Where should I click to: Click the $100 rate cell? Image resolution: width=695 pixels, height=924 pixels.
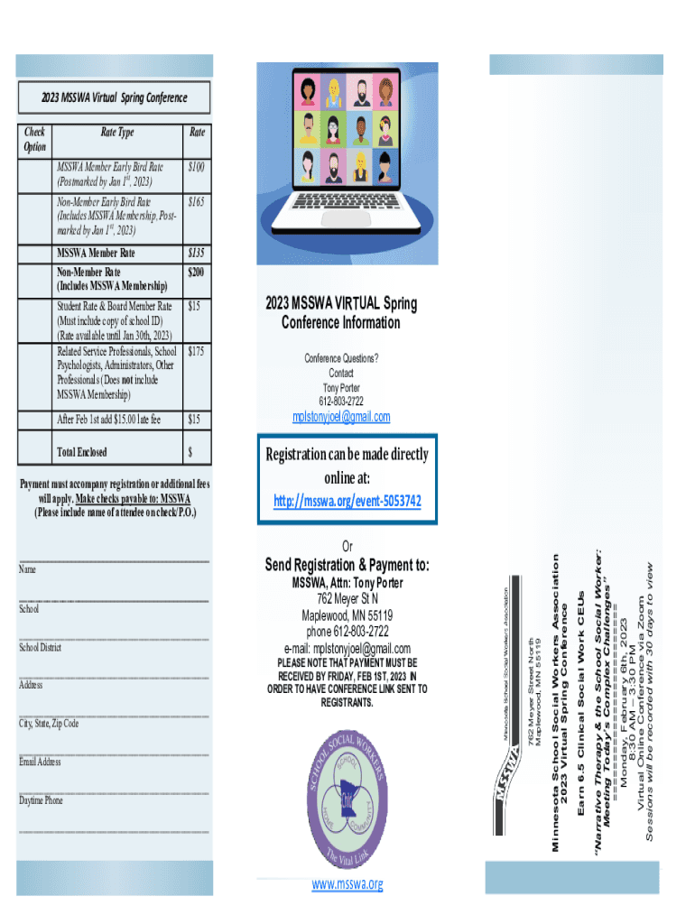(x=196, y=168)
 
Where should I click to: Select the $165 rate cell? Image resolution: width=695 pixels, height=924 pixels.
(x=196, y=202)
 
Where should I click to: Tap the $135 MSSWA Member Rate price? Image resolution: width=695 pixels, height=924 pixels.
(x=196, y=254)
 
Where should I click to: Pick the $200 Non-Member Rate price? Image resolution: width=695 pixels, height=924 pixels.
(x=196, y=272)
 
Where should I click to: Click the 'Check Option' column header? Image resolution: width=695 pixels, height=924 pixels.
(x=35, y=140)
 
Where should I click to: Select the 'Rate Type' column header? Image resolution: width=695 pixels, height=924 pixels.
(x=116, y=133)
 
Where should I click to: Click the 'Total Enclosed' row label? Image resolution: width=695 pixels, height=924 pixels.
(x=81, y=452)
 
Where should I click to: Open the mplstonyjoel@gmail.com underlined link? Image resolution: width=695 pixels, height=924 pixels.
(x=341, y=416)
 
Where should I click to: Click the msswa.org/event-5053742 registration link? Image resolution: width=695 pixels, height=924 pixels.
(x=347, y=501)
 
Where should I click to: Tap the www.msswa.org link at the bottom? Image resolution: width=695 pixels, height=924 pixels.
(x=347, y=884)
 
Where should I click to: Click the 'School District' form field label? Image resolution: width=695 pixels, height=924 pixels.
(x=40, y=647)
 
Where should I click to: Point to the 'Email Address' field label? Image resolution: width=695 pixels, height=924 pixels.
(x=40, y=762)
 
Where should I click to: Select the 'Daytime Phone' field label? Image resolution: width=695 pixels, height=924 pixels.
(x=41, y=800)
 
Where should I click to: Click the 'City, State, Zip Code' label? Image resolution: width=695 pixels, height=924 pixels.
(x=49, y=724)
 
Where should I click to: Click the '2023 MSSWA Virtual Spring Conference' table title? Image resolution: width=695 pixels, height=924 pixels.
(x=115, y=97)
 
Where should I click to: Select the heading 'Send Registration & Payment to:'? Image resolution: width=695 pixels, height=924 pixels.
(x=347, y=565)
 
